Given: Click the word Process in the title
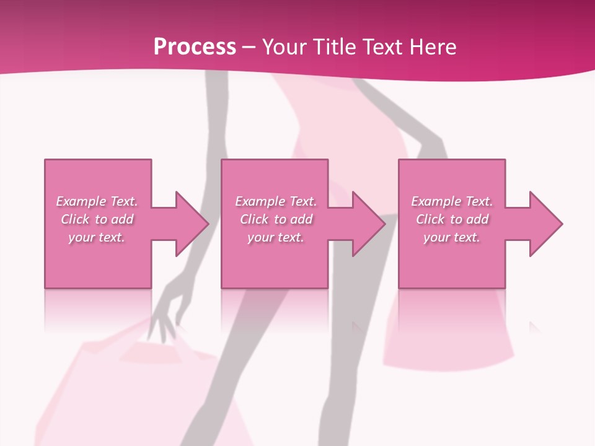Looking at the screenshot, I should [195, 47].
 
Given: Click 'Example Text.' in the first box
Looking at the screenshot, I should [97, 201].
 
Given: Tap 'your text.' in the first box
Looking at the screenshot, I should [97, 237].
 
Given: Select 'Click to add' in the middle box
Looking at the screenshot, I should [276, 219].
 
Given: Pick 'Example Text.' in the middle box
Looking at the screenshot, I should [276, 201].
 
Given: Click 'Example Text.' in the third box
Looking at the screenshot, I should [452, 201].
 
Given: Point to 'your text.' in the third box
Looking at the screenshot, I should [452, 237].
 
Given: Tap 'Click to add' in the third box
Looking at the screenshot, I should [452, 219].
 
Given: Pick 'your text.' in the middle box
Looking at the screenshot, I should [276, 237].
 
